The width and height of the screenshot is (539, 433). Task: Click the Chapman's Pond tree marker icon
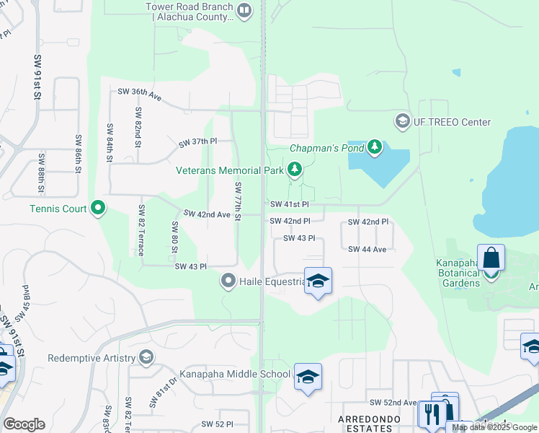(x=374, y=148)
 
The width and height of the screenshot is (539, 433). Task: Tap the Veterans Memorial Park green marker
(x=294, y=170)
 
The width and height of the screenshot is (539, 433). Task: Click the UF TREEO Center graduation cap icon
(x=402, y=121)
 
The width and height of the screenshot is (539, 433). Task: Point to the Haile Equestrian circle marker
(x=228, y=281)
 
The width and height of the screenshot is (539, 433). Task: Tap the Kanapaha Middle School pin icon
(x=308, y=377)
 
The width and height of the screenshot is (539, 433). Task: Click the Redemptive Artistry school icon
(x=146, y=358)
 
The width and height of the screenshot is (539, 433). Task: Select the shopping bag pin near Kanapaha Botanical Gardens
(x=491, y=258)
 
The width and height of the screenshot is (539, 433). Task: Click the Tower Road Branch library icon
(x=244, y=11)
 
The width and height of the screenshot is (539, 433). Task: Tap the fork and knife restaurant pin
(x=432, y=415)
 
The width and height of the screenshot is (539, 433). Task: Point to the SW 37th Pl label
(x=198, y=141)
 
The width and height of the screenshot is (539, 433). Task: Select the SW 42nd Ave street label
(x=207, y=214)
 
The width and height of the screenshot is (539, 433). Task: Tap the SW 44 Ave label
(x=367, y=249)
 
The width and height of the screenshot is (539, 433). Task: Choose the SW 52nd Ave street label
(x=393, y=402)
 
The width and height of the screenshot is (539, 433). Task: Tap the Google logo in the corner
(x=24, y=424)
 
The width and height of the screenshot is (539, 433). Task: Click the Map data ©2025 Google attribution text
(x=494, y=428)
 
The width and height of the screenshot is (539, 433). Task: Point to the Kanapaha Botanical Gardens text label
(x=459, y=278)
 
